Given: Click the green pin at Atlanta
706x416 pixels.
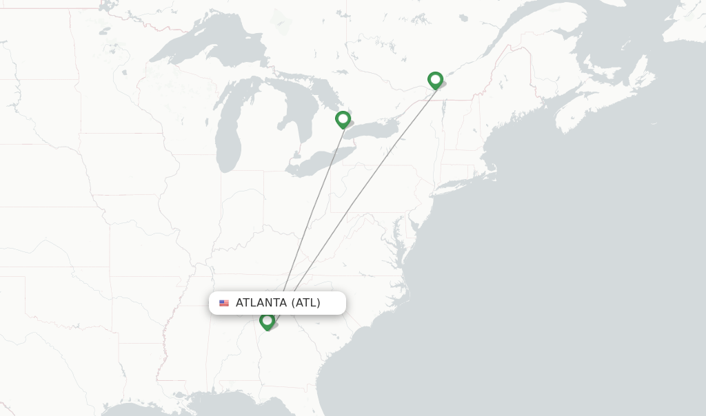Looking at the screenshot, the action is (267, 320).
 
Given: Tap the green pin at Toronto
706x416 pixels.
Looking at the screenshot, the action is (343, 120).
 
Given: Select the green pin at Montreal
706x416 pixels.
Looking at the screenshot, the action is (435, 80).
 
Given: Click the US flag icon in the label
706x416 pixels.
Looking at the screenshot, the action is (224, 303).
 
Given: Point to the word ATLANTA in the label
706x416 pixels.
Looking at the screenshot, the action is (261, 303).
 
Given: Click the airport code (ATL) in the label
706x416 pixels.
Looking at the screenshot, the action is (305, 303).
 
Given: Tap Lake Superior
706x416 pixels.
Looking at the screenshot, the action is (207, 48).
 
